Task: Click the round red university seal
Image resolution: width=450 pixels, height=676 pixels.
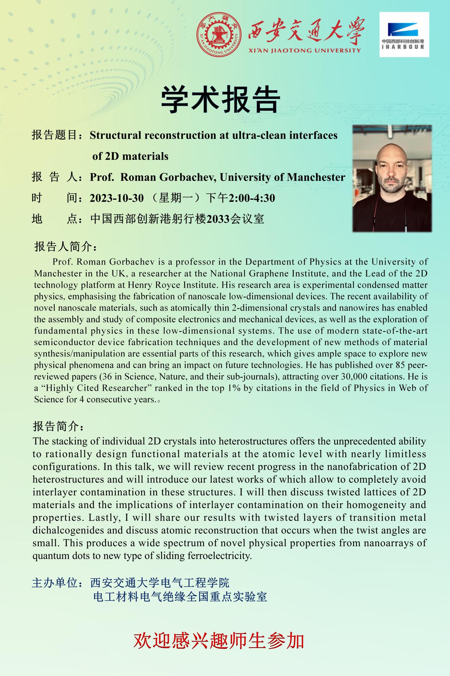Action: coord(219,35)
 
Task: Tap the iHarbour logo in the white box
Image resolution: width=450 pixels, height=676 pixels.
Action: coord(404,34)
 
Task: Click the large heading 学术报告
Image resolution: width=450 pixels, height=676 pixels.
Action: coord(220,100)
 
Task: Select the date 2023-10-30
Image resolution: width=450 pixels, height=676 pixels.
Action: coord(117,198)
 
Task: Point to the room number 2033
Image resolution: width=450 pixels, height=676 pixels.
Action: coord(218,219)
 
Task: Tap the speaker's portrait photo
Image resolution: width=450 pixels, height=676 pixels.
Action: coord(392,178)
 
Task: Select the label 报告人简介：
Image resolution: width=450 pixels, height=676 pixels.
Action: coord(66,247)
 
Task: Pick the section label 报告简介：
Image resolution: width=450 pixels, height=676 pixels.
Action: coord(59,427)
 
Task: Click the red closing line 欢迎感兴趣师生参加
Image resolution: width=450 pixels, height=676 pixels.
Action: coord(219,641)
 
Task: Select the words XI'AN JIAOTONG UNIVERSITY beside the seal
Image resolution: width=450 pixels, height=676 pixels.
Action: coord(304,51)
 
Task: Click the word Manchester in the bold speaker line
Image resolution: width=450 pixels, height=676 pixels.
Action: coord(316,177)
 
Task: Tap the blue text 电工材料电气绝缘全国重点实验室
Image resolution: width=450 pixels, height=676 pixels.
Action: coord(180,597)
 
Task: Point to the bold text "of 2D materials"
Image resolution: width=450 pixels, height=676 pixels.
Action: coord(130,156)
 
